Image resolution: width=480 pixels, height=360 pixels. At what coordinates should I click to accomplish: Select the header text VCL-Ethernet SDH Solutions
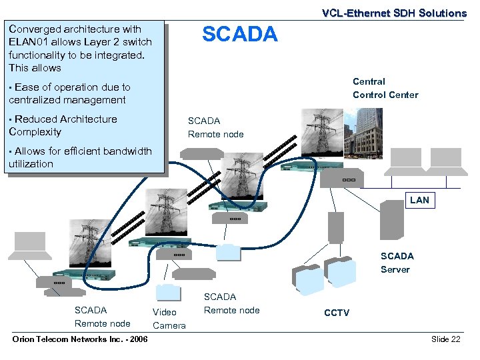(x=394, y=13)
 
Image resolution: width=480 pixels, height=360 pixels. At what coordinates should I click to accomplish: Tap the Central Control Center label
(x=385, y=88)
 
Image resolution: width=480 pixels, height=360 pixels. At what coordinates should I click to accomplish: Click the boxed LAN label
(x=419, y=200)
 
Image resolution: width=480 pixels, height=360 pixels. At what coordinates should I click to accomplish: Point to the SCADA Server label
(x=397, y=263)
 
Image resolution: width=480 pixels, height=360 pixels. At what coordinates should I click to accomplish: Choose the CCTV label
(x=336, y=313)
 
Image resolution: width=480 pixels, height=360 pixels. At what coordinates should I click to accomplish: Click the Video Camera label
(x=169, y=319)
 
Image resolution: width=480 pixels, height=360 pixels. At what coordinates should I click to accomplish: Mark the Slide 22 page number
(x=445, y=339)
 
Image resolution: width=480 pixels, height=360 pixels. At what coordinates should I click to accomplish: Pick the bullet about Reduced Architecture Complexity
(x=63, y=125)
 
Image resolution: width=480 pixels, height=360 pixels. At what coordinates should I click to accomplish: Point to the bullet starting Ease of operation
(x=69, y=93)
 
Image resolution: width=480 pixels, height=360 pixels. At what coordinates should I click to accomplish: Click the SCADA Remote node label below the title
(x=215, y=127)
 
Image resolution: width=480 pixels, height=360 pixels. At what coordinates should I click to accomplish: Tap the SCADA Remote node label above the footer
(x=102, y=317)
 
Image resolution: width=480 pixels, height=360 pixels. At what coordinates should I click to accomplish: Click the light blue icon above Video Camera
(x=167, y=293)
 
